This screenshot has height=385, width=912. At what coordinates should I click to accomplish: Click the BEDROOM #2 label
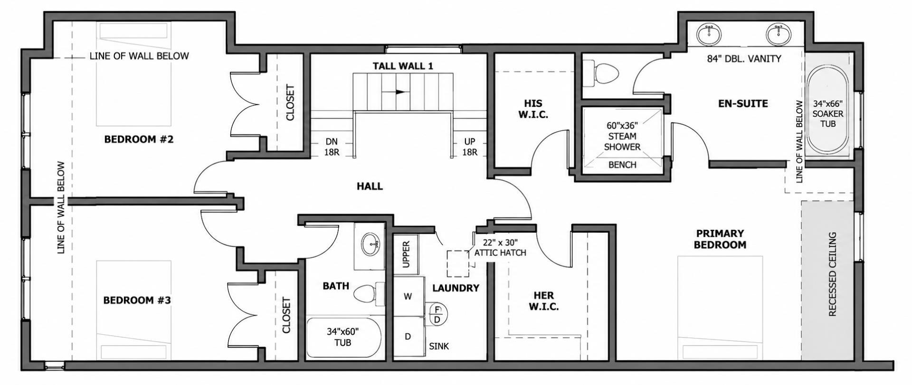[x=139, y=140]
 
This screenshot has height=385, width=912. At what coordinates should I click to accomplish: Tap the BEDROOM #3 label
[x=137, y=300]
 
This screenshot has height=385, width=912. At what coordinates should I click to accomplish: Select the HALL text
[x=370, y=187]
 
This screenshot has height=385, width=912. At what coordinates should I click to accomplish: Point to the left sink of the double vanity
[x=710, y=34]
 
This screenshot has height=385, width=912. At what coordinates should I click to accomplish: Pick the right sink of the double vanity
[x=779, y=34]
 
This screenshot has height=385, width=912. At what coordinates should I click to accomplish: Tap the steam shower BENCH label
[x=622, y=165]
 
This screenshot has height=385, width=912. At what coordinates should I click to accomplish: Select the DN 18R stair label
[x=332, y=147]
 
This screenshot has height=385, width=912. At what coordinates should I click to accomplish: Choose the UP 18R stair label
[x=470, y=147]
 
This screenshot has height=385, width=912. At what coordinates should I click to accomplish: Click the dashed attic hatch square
[x=457, y=263]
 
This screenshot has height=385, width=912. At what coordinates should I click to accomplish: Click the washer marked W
[x=408, y=296]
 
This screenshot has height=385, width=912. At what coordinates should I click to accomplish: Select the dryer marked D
[x=408, y=337]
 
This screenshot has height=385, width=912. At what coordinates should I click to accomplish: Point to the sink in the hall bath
[x=370, y=245]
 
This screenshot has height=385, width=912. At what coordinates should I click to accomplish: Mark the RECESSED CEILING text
[x=832, y=274]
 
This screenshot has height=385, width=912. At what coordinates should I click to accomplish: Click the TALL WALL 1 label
[x=403, y=66]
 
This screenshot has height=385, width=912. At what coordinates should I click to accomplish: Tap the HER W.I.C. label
[x=544, y=301]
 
